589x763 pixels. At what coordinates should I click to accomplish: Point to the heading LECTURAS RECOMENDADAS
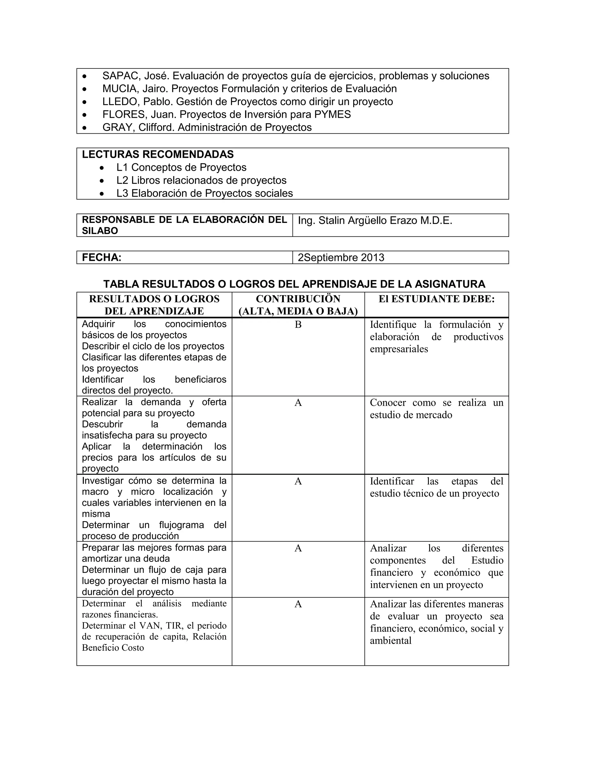coord(158,154)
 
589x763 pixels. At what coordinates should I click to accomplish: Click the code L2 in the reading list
coord(123,180)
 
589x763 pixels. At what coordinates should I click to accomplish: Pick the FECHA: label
coord(102,257)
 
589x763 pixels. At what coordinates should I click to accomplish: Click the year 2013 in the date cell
coord(372,257)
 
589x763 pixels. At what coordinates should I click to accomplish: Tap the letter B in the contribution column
coord(298,324)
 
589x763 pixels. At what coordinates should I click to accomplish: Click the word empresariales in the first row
coord(399,349)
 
